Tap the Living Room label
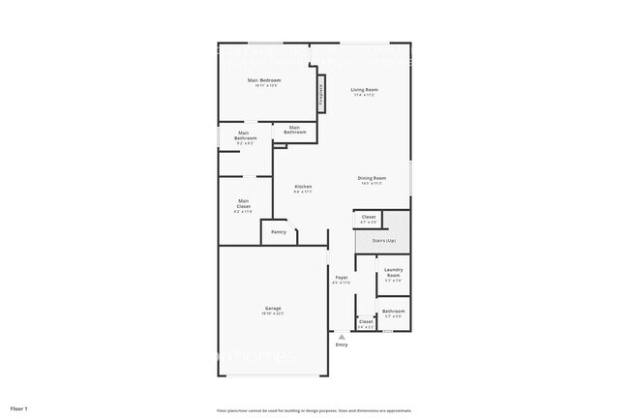coord(364,90)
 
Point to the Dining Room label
coord(372,178)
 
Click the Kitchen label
coord(303,187)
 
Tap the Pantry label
coord(279,232)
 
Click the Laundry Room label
coord(393,273)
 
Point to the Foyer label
coord(342,278)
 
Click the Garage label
coord(273,308)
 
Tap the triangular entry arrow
coord(341,337)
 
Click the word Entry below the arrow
coord(341,344)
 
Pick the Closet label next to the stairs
coord(369,217)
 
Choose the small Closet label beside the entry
coord(366,321)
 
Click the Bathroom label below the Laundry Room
coord(393,311)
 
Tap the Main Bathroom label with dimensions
coord(245,136)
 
